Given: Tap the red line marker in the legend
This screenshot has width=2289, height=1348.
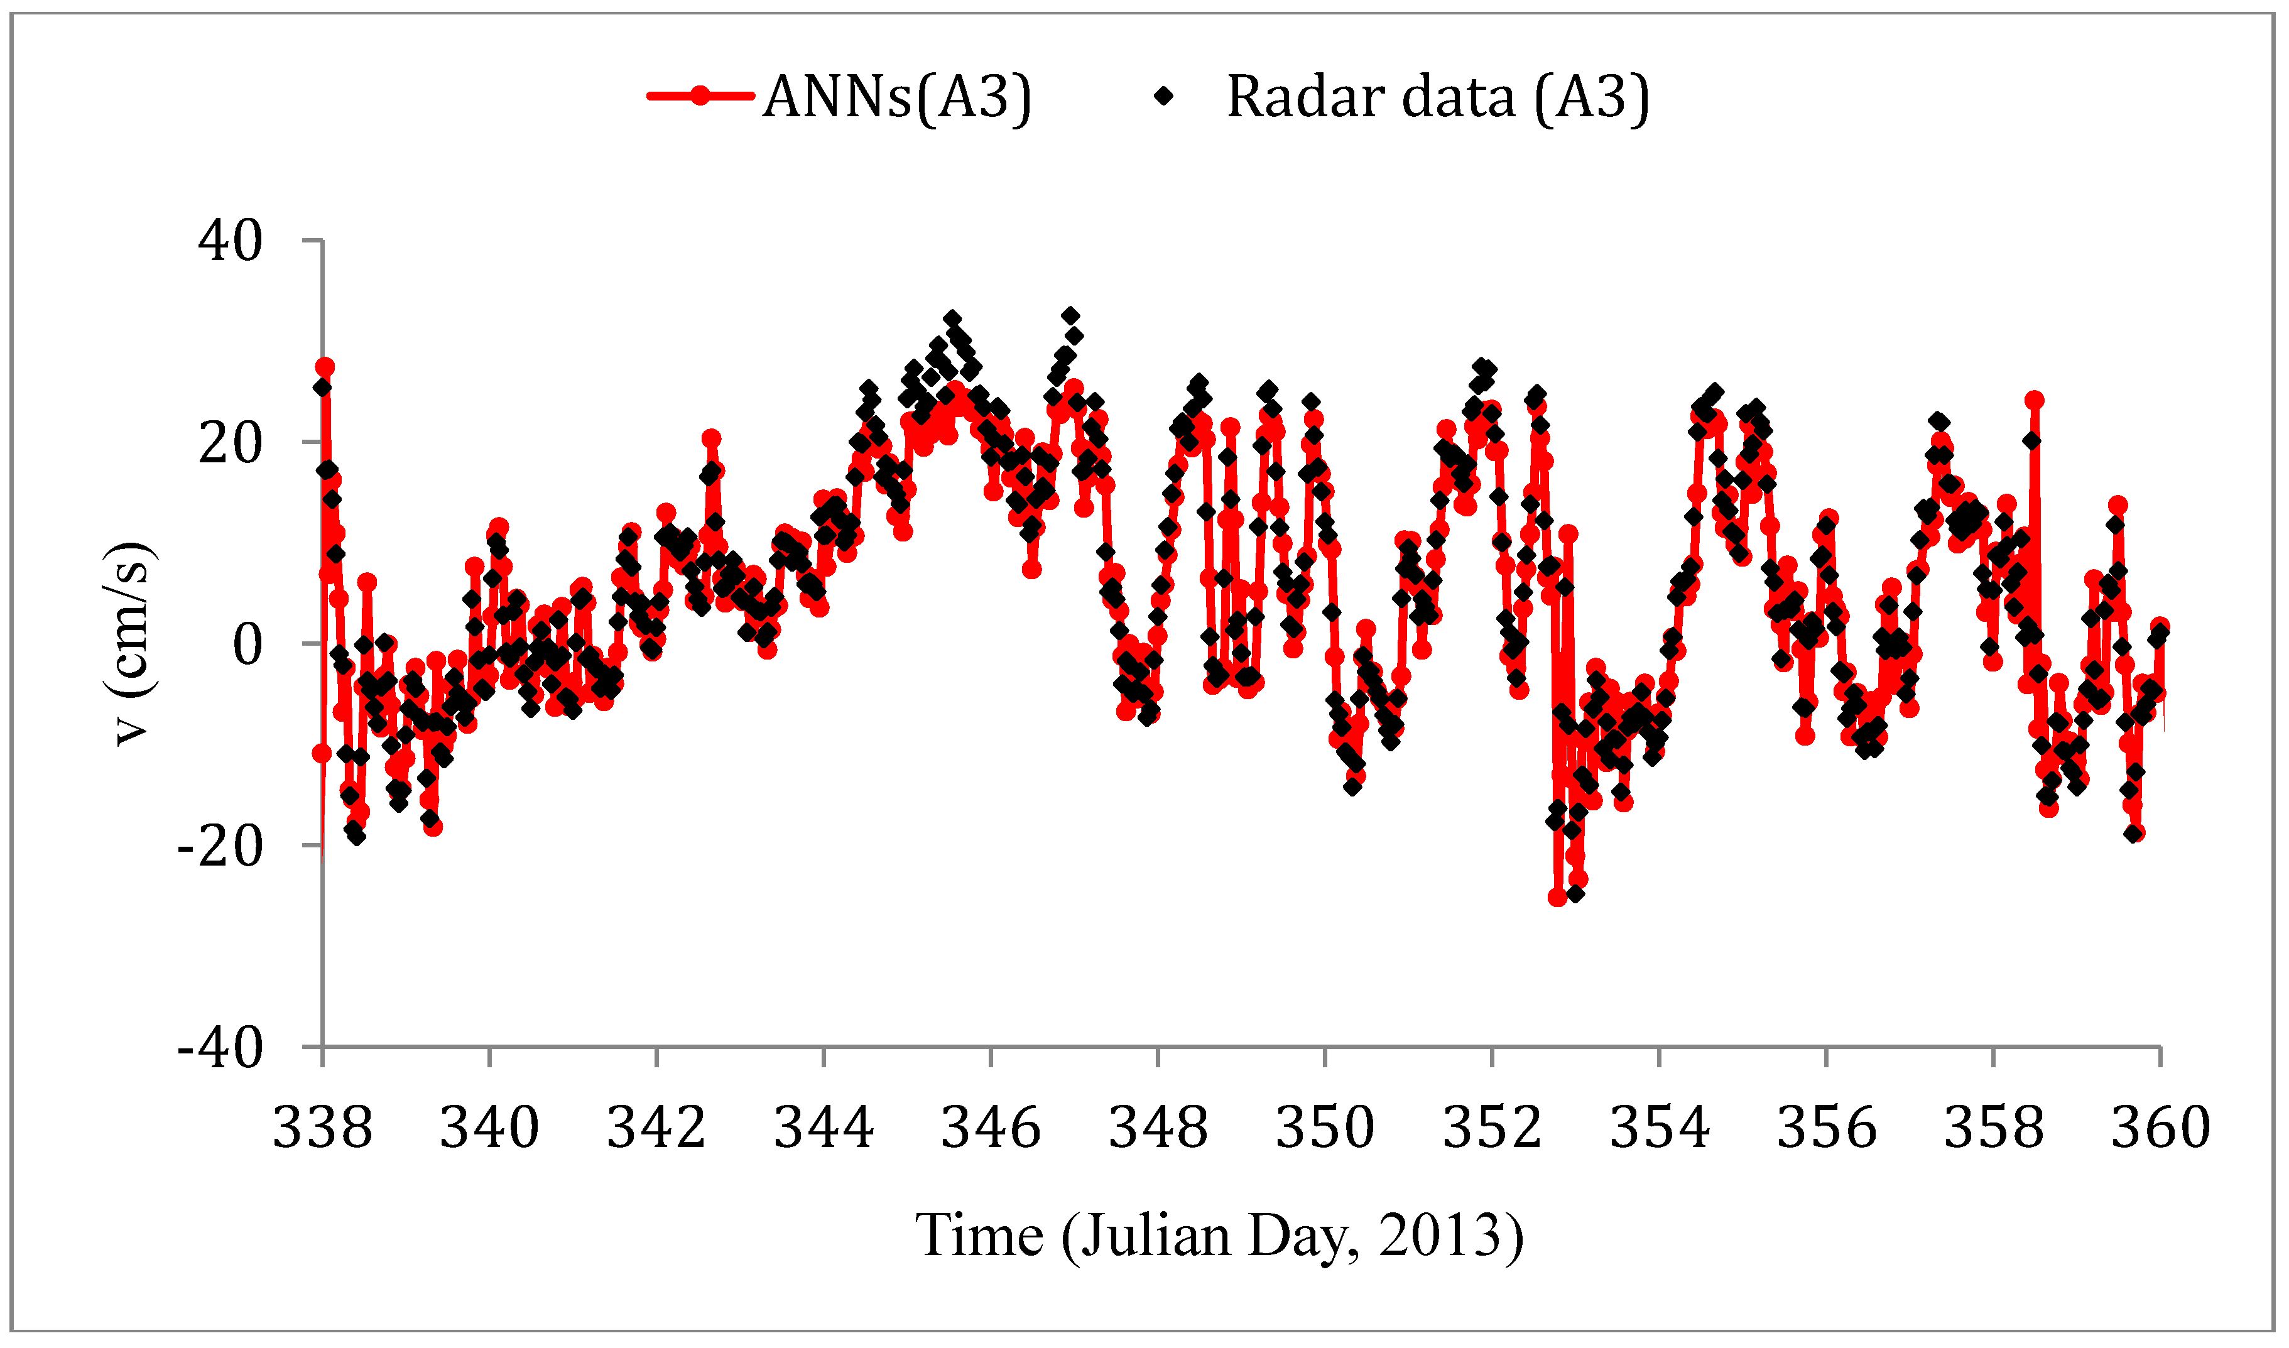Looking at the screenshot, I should click(699, 95).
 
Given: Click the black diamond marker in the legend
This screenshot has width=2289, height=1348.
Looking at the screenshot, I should click(1163, 95).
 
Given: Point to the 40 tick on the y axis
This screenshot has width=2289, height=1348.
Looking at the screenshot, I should click(230, 242).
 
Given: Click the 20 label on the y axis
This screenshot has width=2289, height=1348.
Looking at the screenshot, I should click(230, 444).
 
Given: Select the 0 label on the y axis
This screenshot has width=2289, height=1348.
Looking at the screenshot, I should click(247, 646).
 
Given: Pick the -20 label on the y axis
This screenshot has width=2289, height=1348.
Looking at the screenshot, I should click(219, 847).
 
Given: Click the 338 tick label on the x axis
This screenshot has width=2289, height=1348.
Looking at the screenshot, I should click(322, 1129).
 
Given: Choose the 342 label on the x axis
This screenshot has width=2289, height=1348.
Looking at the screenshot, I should click(656, 1129).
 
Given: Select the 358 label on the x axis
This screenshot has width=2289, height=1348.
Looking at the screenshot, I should click(1993, 1129).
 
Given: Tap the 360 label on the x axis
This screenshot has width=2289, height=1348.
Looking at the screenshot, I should click(2160, 1129).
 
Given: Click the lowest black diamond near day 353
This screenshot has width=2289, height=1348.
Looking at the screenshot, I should click(1575, 894).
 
